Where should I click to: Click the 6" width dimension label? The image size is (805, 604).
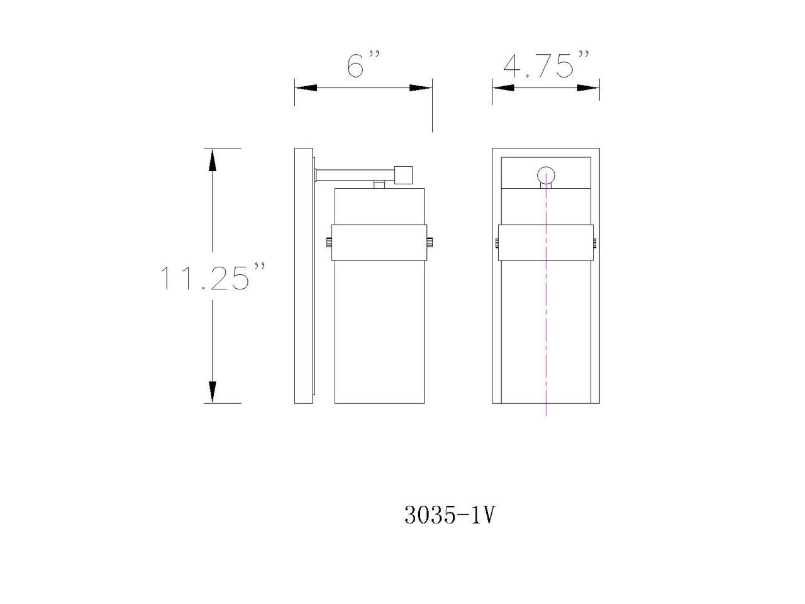364,65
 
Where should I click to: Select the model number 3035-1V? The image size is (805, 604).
450,516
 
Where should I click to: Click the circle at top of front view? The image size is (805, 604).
546,176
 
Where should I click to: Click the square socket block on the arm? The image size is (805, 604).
402,174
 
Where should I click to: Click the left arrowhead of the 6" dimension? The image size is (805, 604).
305,88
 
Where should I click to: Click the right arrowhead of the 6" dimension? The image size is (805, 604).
421,88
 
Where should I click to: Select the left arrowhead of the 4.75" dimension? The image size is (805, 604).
502,88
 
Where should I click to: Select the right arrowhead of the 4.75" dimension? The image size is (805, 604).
589,88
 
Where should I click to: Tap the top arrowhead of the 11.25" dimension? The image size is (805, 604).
213,160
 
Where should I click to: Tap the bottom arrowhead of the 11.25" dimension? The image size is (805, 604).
213,392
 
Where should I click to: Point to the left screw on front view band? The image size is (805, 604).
496,242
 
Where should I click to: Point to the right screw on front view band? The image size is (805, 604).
596,242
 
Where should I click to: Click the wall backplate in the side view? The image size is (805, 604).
304,276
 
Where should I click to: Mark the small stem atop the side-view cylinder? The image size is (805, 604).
379,184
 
